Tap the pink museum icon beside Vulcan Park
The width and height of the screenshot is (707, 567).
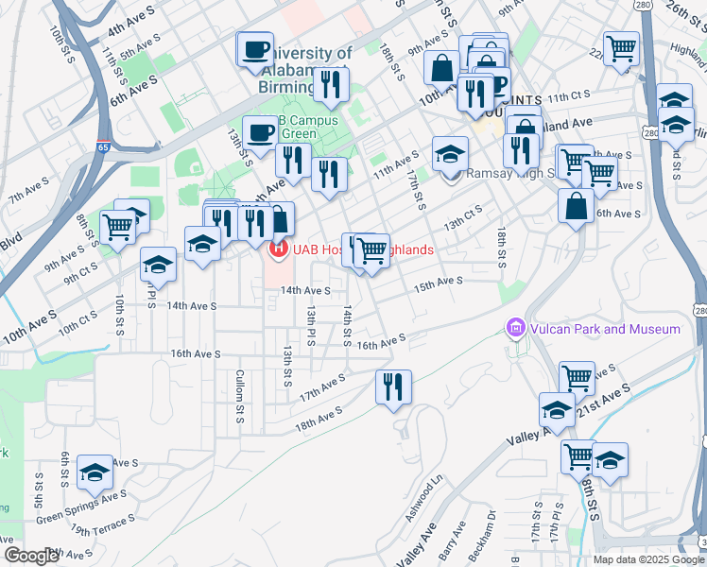pyautogui.click(x=515, y=329)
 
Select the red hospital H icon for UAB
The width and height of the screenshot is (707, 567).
pyautogui.click(x=279, y=249)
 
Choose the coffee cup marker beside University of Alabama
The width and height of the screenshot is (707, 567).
pyautogui.click(x=255, y=49)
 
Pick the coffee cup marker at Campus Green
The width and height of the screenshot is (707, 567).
pyautogui.click(x=259, y=131)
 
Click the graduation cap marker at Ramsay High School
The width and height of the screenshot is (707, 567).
pyautogui.click(x=451, y=152)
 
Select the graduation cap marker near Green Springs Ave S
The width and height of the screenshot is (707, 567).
pyautogui.click(x=95, y=472)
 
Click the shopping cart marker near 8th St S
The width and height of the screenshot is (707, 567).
pyautogui.click(x=118, y=227)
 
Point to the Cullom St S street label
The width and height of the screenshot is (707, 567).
pyautogui.click(x=240, y=398)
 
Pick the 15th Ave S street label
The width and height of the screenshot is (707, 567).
pyautogui.click(x=439, y=282)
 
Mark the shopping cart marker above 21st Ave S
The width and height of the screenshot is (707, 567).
pyautogui.click(x=577, y=377)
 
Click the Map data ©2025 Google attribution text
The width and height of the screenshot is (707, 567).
pyautogui.click(x=647, y=558)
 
